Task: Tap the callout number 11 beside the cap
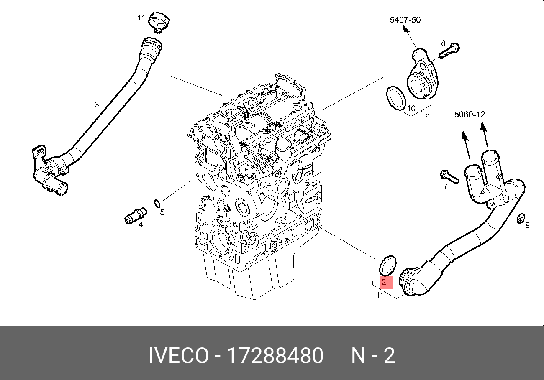pyautogui.click(x=141, y=18)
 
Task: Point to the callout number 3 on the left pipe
pyautogui.click(x=97, y=105)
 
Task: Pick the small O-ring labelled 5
pyautogui.click(x=157, y=204)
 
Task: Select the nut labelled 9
pyautogui.click(x=521, y=218)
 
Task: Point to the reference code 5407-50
pyautogui.click(x=405, y=20)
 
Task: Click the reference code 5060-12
pyautogui.click(x=471, y=114)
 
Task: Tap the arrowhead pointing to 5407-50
pyautogui.click(x=405, y=29)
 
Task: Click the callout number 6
pyautogui.click(x=427, y=114)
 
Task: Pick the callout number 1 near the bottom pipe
pyautogui.click(x=378, y=295)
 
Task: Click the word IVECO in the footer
pyautogui.click(x=179, y=356)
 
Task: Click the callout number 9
pyautogui.click(x=527, y=225)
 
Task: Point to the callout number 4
pyautogui.click(x=141, y=224)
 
